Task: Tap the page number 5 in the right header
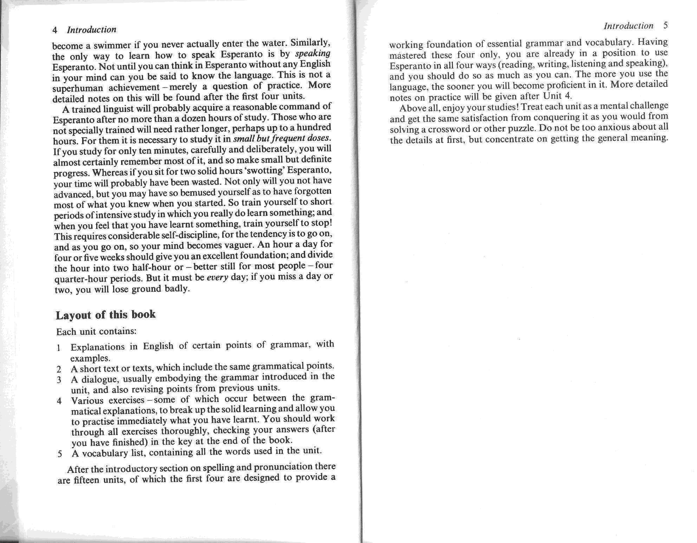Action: point(665,25)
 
